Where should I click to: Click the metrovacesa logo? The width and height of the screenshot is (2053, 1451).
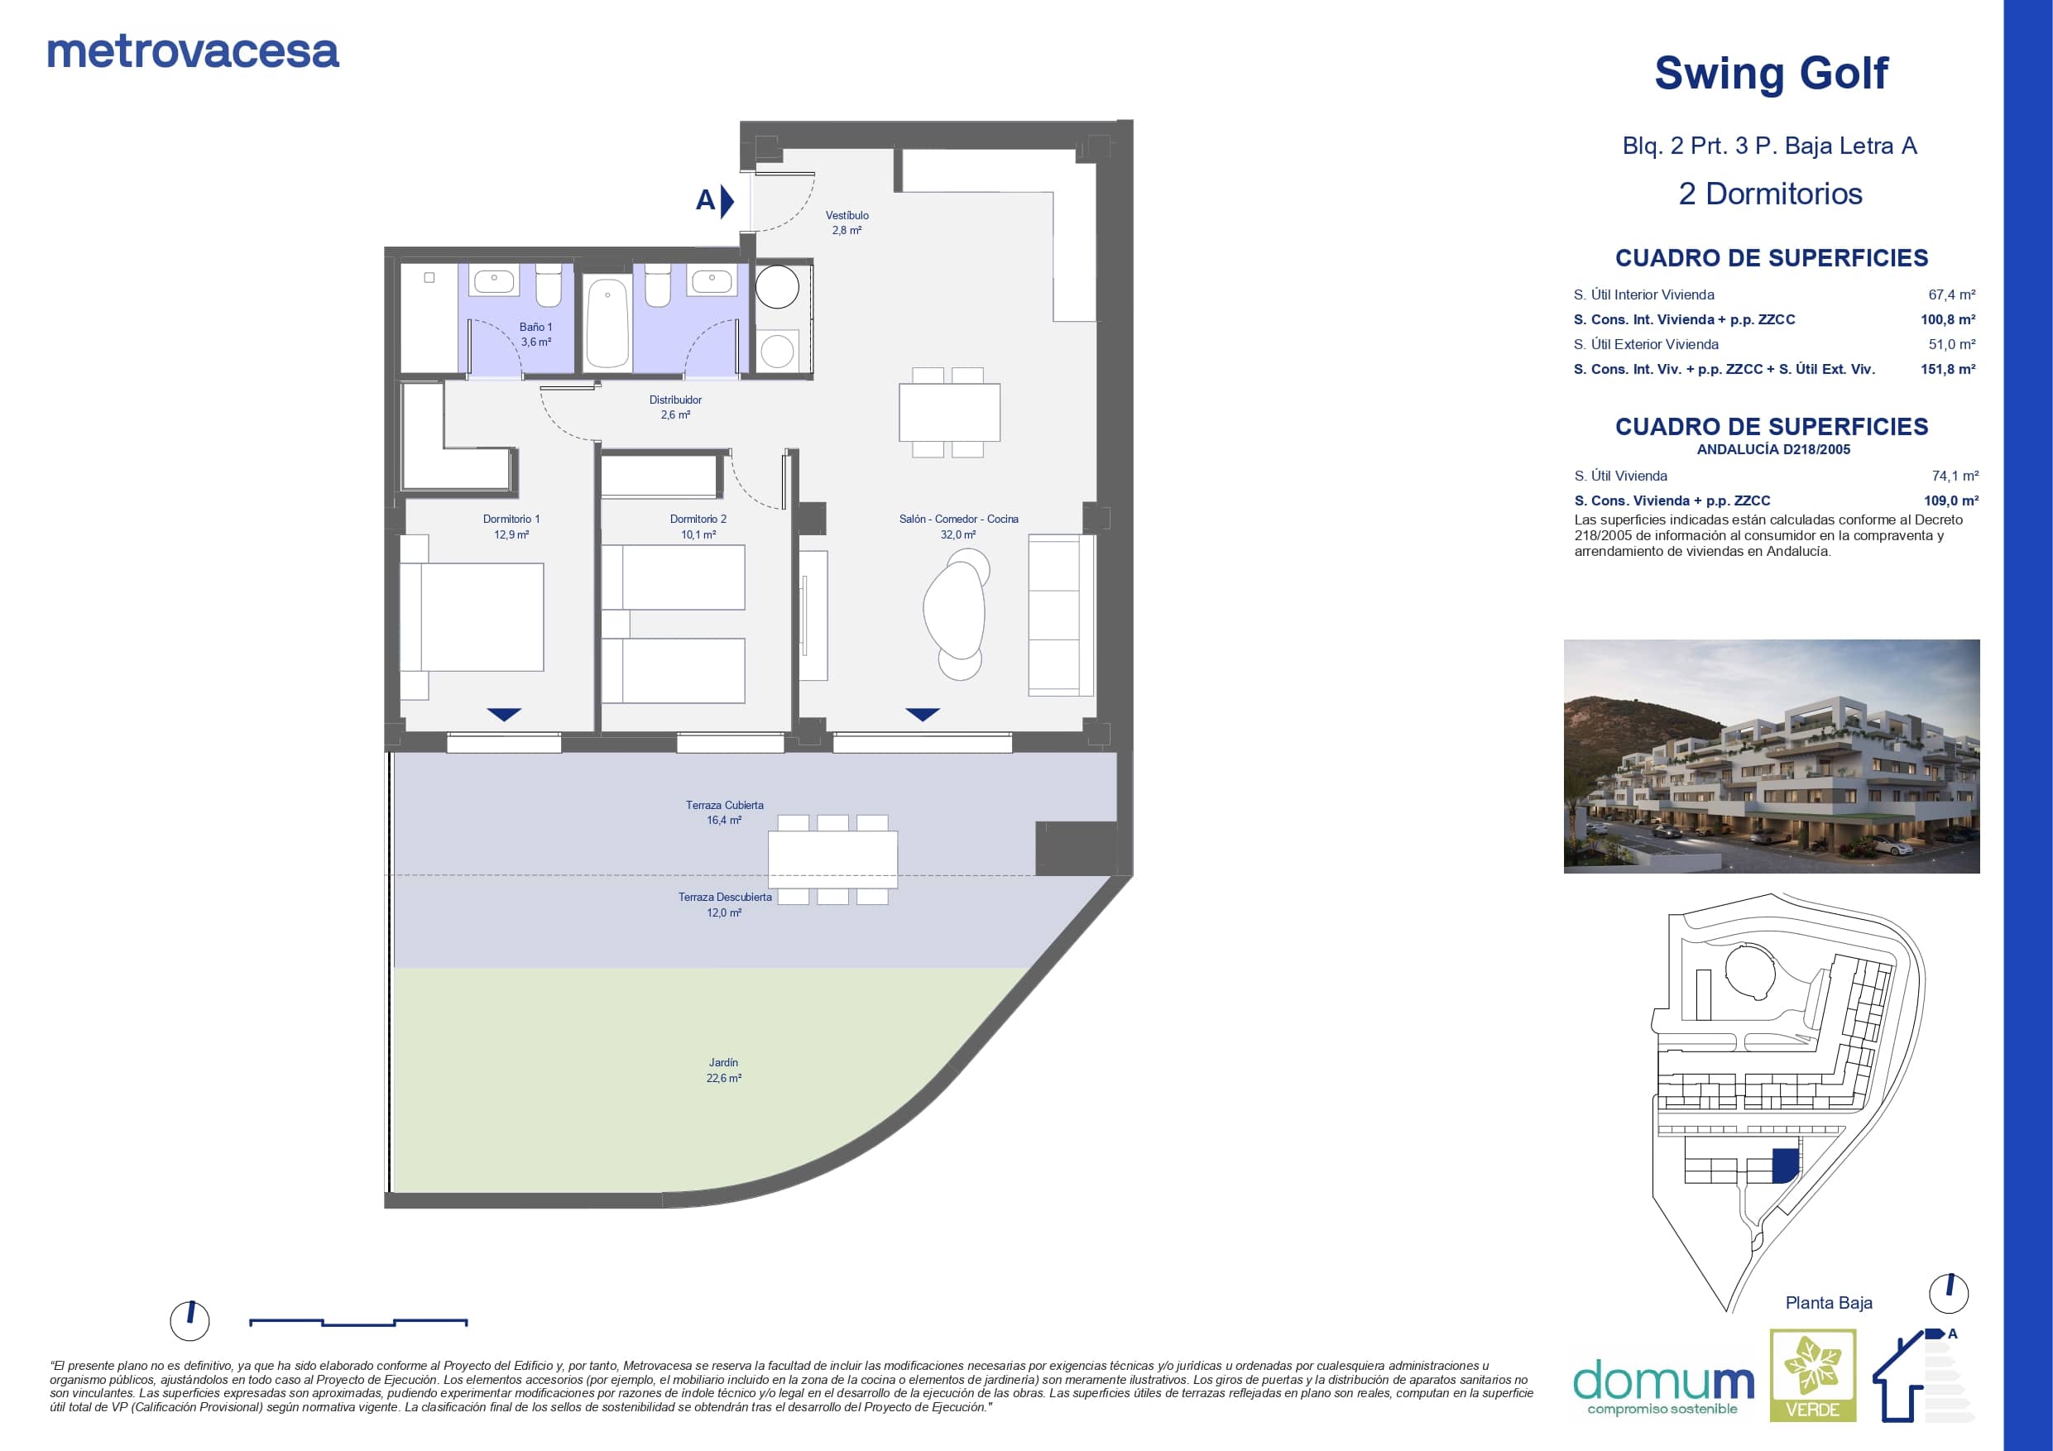[x=193, y=52]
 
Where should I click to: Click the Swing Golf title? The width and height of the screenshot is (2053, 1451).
[x=1771, y=74]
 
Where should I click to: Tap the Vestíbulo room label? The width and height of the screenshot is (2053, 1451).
[x=847, y=215]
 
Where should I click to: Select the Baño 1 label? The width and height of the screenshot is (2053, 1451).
[x=535, y=328]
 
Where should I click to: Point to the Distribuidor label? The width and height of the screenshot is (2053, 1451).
[x=675, y=400]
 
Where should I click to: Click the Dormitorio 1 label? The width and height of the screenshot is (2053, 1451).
[x=511, y=519]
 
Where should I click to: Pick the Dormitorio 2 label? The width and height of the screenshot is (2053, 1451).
[x=698, y=519]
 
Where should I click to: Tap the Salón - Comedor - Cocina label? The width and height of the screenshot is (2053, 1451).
[x=958, y=519]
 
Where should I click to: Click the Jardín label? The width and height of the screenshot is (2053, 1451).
[x=723, y=1062]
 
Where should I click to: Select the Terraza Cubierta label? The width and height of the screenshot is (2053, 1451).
[x=724, y=805]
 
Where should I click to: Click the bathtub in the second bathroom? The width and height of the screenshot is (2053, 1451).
[x=607, y=323]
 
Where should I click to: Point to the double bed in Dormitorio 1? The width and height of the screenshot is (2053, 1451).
[x=472, y=617]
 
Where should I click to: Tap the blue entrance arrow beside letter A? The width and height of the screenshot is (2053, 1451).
[x=727, y=201]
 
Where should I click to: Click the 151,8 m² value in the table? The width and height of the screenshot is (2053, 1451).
[x=1947, y=369]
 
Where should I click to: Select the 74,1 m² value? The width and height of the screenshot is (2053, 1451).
[x=1955, y=476]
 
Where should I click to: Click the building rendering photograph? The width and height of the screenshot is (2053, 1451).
[x=1772, y=755]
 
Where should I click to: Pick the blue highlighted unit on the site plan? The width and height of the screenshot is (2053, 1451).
[x=1785, y=1166]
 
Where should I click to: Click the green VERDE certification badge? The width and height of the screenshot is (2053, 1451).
[x=1812, y=1375]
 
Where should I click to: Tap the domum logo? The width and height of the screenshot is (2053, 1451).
[x=1663, y=1386]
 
